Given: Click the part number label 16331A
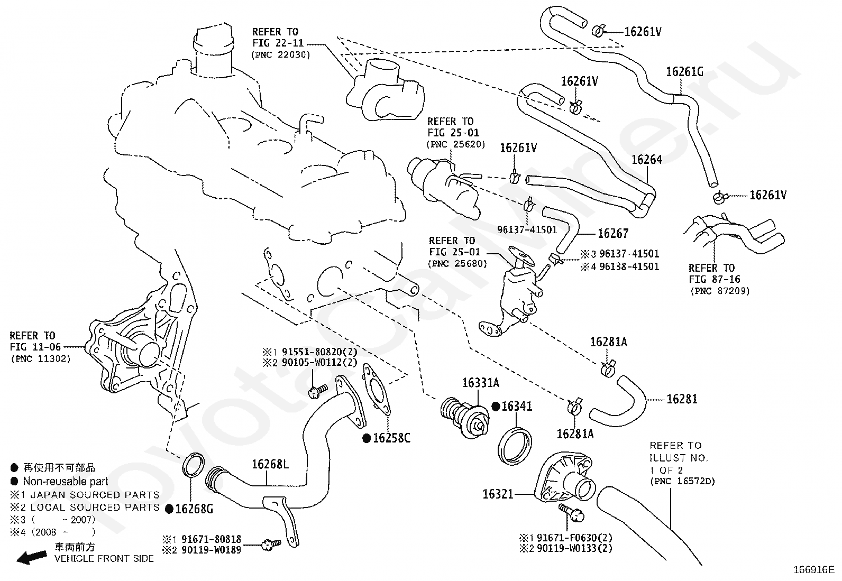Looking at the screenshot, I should click(x=480, y=383).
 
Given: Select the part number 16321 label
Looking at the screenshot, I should click(x=498, y=494).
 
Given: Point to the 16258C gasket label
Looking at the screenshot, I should click(x=391, y=438).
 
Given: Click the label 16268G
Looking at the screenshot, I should click(x=194, y=509).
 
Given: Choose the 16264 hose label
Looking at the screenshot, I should click(x=647, y=160).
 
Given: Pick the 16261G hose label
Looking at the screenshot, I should click(x=684, y=72).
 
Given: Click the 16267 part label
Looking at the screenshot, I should click(x=613, y=233).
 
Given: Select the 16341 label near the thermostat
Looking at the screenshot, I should click(x=517, y=407).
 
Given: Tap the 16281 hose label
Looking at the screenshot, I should click(x=682, y=399).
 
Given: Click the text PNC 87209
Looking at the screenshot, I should click(x=720, y=291).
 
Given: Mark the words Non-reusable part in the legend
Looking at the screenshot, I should click(x=65, y=482).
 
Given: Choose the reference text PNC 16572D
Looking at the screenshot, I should click(x=682, y=482).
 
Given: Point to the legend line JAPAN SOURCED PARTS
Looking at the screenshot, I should click(x=95, y=495).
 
